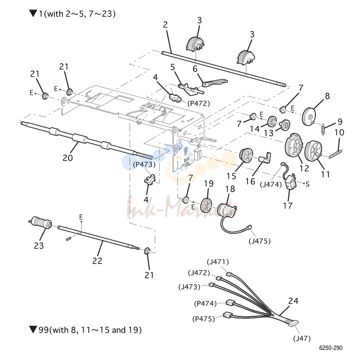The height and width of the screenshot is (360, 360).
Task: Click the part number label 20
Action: tap(68, 158)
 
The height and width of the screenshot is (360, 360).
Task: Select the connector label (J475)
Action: tap(260, 241)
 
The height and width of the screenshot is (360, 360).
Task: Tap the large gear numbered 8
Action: tap(309, 117)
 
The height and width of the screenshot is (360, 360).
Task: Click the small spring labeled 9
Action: tap(323, 129)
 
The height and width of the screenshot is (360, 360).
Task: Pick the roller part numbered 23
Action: tap(40, 222)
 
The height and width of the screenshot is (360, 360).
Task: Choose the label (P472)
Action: tap(199, 103)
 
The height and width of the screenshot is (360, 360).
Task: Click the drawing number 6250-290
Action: tap(331, 348)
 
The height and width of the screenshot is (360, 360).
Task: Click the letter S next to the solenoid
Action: tap(307, 184)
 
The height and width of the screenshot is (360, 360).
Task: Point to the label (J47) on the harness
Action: tap(302, 338)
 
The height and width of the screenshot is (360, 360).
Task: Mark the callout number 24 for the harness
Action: tap(293, 301)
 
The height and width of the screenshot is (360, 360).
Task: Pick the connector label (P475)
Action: tap(203, 318)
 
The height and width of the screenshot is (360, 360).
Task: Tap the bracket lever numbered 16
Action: tap(265, 158)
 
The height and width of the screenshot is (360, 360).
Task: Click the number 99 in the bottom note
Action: tap(44, 330)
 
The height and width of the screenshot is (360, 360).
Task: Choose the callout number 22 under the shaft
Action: tap(97, 261)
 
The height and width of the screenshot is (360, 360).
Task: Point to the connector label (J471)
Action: tap(218, 262)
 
